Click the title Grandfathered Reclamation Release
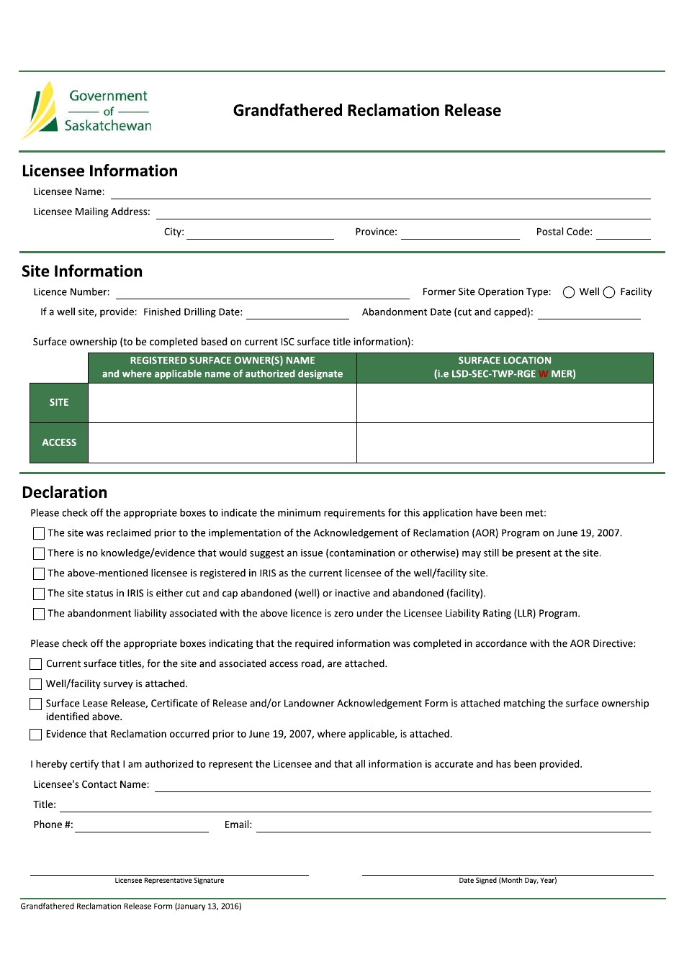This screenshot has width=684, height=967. tap(366, 110)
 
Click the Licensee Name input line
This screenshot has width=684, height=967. tap(380, 193)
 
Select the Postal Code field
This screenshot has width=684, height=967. tap(623, 233)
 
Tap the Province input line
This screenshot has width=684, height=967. tap(460, 233)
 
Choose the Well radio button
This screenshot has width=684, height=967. tap(569, 292)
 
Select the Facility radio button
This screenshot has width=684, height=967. tap(609, 292)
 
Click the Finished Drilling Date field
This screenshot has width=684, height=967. tap(297, 313)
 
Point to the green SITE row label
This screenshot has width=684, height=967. tap(59, 403)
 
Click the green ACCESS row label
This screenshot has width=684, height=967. tap(59, 442)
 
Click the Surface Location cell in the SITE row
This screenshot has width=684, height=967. tap(505, 403)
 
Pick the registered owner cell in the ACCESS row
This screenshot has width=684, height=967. tap(222, 442)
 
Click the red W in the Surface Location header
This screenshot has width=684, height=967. tap(543, 374)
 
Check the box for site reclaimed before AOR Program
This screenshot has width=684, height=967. tap(39, 533)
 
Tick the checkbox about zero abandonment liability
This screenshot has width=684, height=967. tap(39, 614)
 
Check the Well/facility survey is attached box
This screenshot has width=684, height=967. tap(36, 684)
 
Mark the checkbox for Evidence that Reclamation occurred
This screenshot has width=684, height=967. tap(36, 735)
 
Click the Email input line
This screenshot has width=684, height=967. tap(453, 826)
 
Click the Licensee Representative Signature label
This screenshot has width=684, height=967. tap(169, 881)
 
